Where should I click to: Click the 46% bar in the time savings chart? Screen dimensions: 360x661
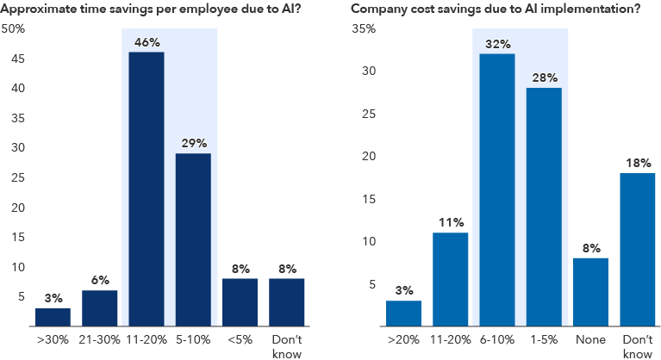click(146, 189)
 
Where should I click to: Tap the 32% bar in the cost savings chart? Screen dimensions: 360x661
click(497, 189)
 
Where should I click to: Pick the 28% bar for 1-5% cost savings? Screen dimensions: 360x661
click(544, 207)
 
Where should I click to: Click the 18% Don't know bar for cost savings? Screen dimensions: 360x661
click(637, 249)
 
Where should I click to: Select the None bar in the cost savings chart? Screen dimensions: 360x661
click(590, 292)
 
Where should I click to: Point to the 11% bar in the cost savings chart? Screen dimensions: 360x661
click(451, 279)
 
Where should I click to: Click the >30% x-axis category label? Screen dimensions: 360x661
click(53, 340)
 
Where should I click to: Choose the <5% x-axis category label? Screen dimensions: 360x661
click(239, 340)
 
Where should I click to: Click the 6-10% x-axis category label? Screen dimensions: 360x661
click(497, 340)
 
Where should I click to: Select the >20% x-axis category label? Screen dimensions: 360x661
click(404, 340)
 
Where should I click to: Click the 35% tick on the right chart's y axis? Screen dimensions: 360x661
click(364, 28)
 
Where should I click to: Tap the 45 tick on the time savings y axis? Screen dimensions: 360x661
click(16, 59)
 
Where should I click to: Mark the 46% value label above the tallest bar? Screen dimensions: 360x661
click(146, 40)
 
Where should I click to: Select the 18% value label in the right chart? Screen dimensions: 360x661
click(637, 161)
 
